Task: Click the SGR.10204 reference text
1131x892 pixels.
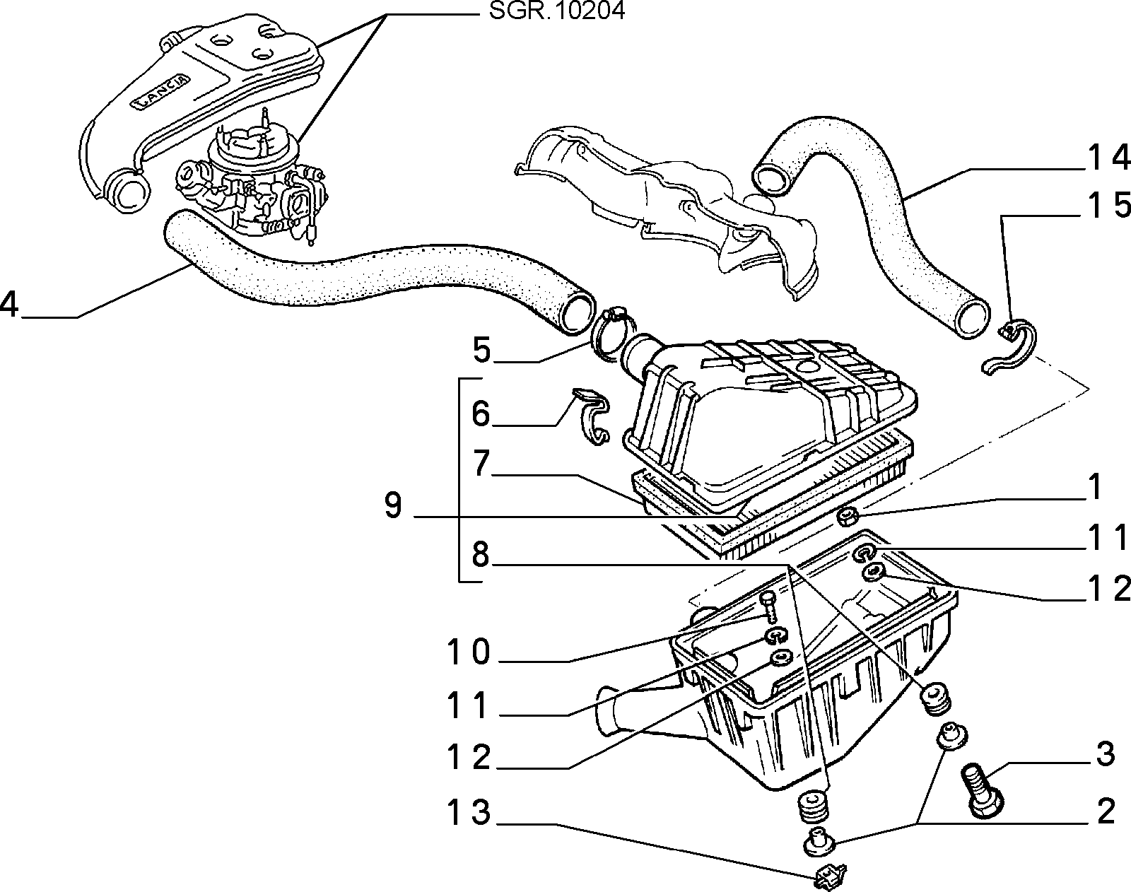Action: [x=557, y=11]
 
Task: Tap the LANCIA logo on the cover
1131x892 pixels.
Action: [x=160, y=91]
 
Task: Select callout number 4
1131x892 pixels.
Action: [x=9, y=305]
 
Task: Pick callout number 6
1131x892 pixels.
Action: [x=481, y=413]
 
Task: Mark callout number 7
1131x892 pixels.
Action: [x=481, y=463]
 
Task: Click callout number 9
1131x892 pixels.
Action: [x=393, y=505]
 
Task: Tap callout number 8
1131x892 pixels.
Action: [x=481, y=555]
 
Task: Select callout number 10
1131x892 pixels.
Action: [x=469, y=652]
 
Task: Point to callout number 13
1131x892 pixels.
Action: [x=469, y=811]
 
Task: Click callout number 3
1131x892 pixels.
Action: [x=1106, y=754]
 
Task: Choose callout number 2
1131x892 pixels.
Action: [x=1106, y=811]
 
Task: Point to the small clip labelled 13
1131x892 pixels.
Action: [x=831, y=876]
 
